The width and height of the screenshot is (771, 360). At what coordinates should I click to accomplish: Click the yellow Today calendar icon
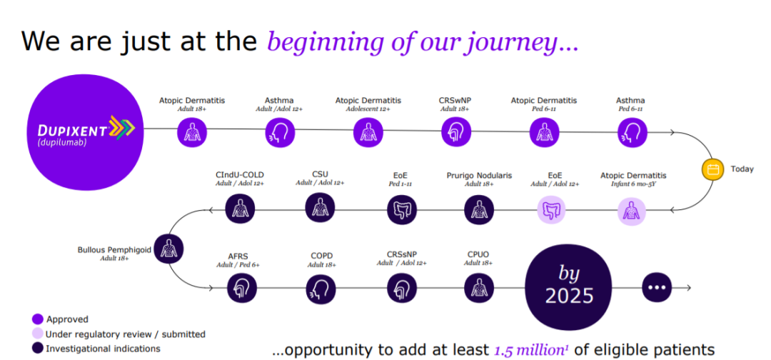713,170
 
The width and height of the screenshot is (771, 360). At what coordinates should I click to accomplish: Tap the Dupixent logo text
72,130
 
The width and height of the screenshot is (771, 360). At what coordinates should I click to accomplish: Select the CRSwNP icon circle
456,133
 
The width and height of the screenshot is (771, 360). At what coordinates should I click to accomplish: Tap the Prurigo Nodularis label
480,175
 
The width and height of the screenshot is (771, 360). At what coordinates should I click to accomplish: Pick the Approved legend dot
37,319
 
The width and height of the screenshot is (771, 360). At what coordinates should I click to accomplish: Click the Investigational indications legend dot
37,349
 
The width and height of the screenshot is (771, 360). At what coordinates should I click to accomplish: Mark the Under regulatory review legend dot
37,334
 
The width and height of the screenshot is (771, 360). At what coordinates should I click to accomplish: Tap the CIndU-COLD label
239,174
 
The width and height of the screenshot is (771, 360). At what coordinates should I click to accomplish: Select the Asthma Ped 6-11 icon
633,133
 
